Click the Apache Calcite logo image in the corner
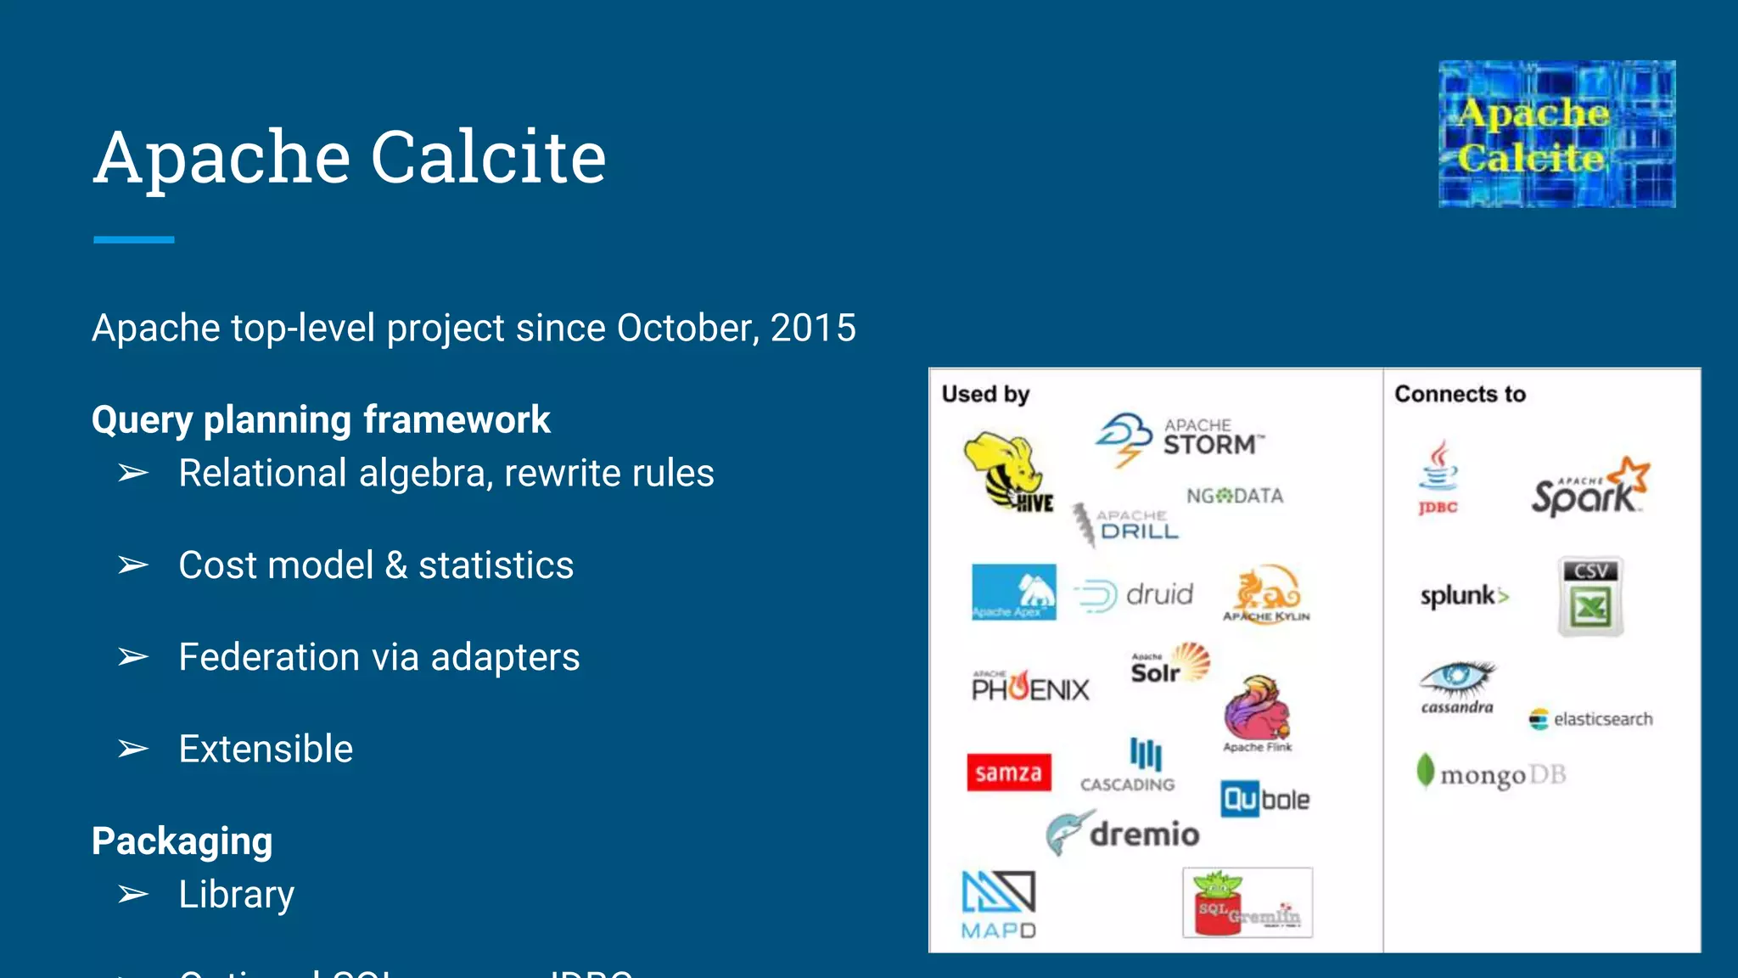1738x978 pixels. [1556, 134]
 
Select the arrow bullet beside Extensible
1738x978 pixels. [133, 749]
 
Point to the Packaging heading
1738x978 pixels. [182, 841]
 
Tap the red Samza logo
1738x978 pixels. [1008, 773]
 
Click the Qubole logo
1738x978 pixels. [1264, 799]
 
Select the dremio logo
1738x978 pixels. [1123, 834]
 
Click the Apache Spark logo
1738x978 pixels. [1589, 488]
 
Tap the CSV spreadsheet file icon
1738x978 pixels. [1590, 596]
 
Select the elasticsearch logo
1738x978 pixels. [1591, 719]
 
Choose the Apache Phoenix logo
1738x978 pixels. [1030, 686]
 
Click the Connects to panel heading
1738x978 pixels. [1460, 394]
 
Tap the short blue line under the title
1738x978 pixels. [134, 240]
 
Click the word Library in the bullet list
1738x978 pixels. [237, 895]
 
